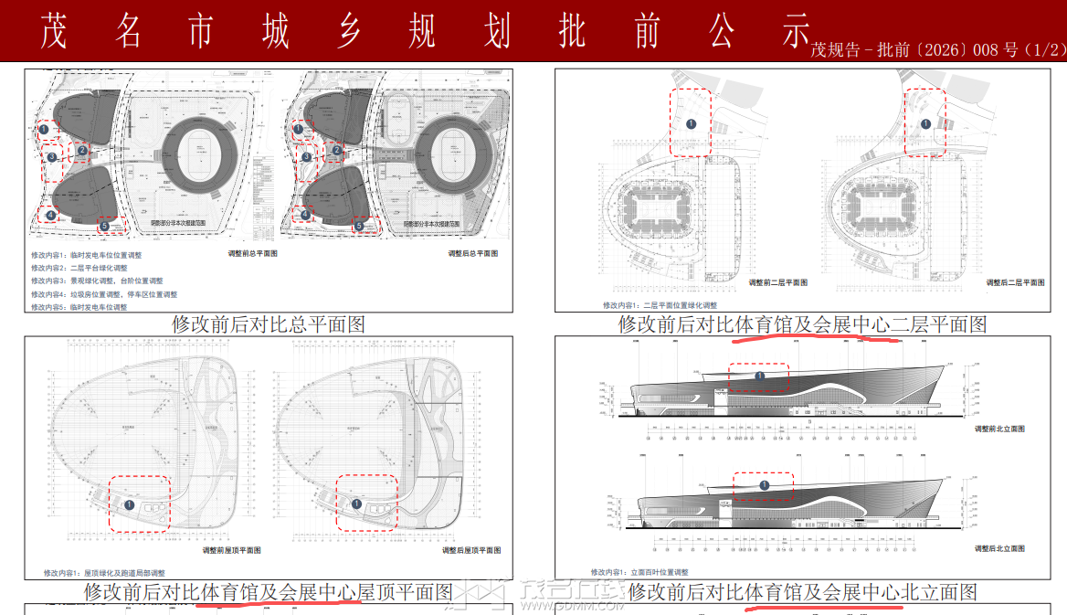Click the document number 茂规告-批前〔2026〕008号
(x=937, y=50)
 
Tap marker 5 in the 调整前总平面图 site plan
(x=104, y=226)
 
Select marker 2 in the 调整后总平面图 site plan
(x=336, y=151)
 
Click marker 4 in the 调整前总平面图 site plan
(x=51, y=216)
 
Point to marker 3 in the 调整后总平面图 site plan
(x=307, y=157)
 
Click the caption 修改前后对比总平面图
(x=269, y=323)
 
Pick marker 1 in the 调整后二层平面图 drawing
(x=925, y=123)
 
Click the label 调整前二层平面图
(x=777, y=283)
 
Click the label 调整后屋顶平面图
(x=471, y=550)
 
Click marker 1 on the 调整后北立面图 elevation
(x=764, y=486)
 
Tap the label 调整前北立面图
(x=998, y=429)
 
